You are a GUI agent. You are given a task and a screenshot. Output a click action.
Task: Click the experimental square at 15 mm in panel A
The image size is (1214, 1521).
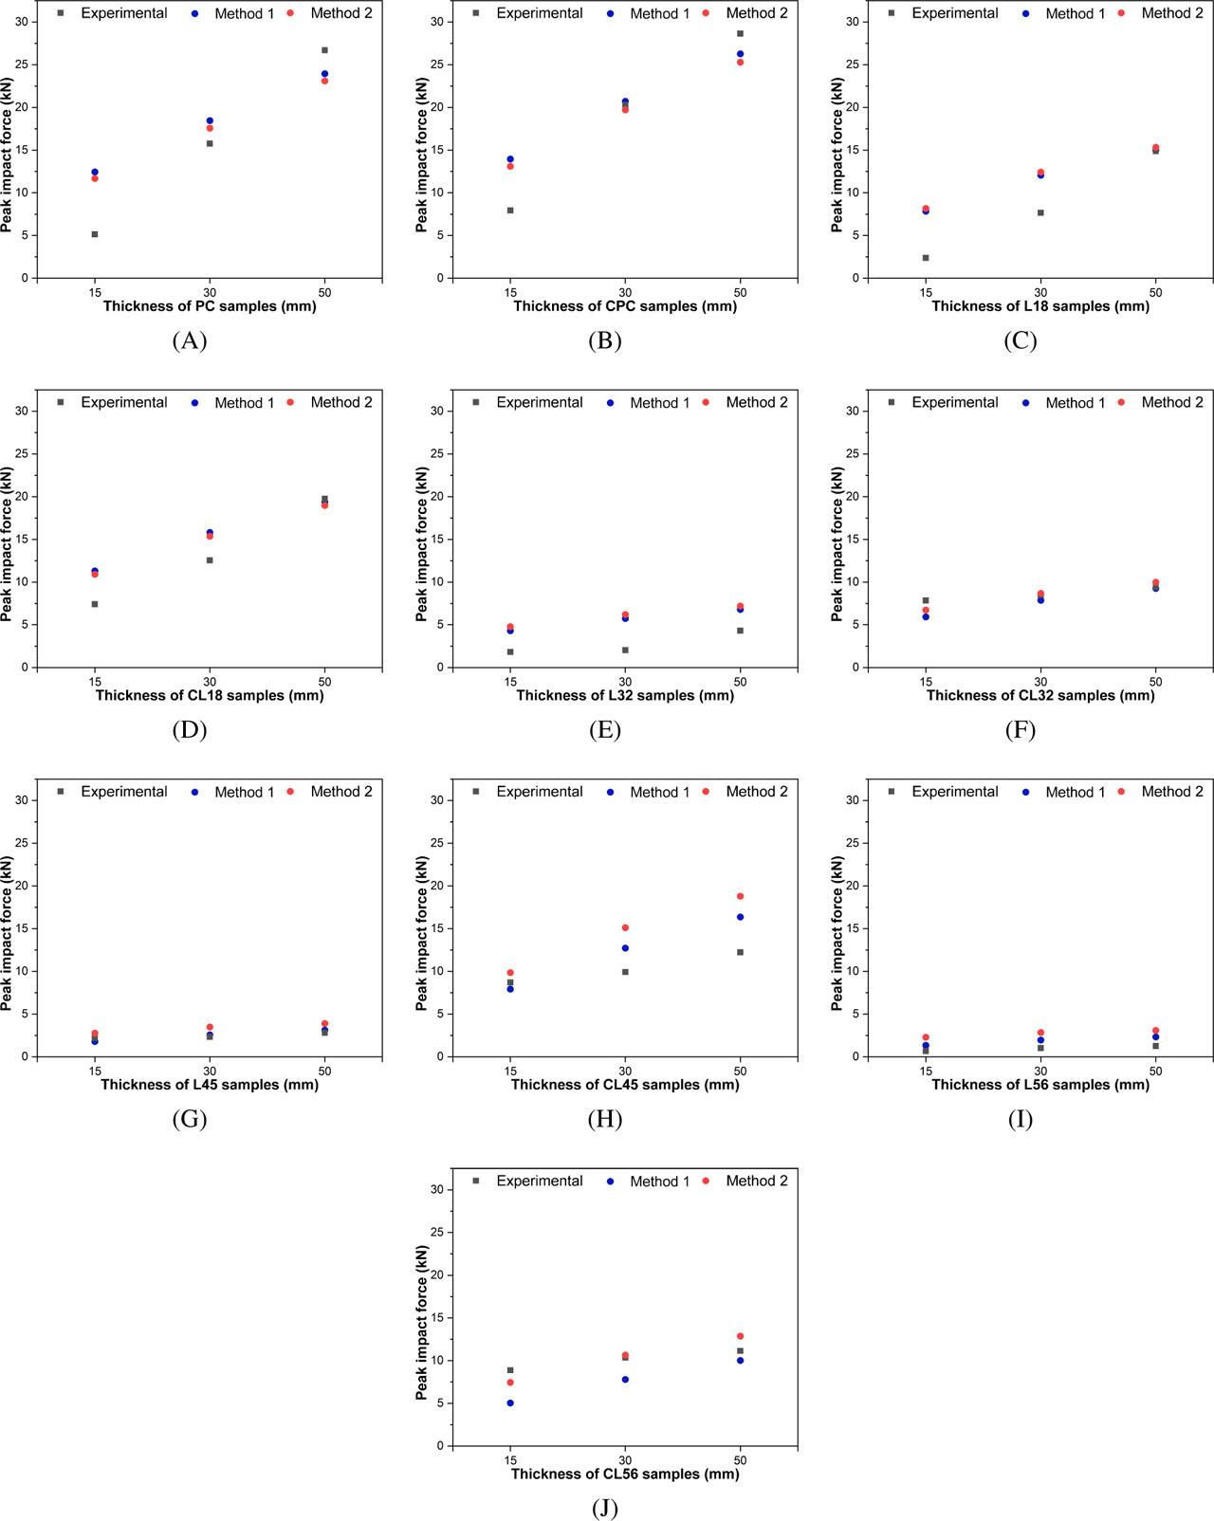coord(95,234)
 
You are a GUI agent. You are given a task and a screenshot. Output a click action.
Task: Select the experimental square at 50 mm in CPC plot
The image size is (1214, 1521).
coord(740,33)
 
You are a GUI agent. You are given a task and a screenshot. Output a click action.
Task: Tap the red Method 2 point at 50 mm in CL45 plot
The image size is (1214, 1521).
coord(740,896)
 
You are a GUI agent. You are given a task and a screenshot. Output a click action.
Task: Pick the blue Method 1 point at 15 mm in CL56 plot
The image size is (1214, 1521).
coord(510,1402)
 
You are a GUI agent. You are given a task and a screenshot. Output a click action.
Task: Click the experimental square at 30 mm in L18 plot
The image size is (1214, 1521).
coord(1040,212)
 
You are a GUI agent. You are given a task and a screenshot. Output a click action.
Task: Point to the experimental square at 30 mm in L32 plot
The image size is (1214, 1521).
coord(625,650)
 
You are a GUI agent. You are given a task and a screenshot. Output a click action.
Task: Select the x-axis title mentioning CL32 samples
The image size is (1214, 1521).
coord(1040,695)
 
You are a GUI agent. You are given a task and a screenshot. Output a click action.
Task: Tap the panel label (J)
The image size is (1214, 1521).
coord(604,1508)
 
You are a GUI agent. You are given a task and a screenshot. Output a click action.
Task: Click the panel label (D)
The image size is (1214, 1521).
coord(189,729)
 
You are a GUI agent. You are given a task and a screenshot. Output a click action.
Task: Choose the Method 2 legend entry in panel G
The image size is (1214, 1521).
coord(332,792)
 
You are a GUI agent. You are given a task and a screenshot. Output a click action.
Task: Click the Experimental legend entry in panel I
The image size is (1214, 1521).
coord(945,791)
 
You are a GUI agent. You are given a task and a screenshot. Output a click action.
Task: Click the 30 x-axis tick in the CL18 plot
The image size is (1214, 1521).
coord(210,681)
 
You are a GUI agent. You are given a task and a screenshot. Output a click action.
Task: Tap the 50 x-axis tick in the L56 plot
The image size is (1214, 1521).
coord(1155,1071)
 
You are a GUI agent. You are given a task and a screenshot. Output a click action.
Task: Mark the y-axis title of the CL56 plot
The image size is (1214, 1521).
coord(423,1323)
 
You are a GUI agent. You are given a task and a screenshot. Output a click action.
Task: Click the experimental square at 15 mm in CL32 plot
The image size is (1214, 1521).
coord(926,600)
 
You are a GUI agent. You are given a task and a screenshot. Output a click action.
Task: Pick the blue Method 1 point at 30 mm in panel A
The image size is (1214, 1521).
coord(210,120)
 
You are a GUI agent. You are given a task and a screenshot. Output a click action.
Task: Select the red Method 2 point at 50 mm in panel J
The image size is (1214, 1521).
coord(740,1336)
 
